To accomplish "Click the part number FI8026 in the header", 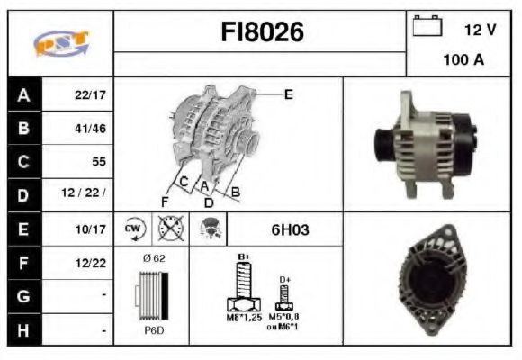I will [262, 33].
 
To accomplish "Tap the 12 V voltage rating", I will [480, 30].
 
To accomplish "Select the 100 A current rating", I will [463, 60].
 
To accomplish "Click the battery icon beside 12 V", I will [426, 28].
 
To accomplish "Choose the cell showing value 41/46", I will [90, 128].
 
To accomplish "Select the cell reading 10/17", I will [90, 229].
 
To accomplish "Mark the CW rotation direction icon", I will [134, 229].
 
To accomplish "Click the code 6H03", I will [290, 229].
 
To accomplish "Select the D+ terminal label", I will [285, 280].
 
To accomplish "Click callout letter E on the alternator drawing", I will [288, 94].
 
